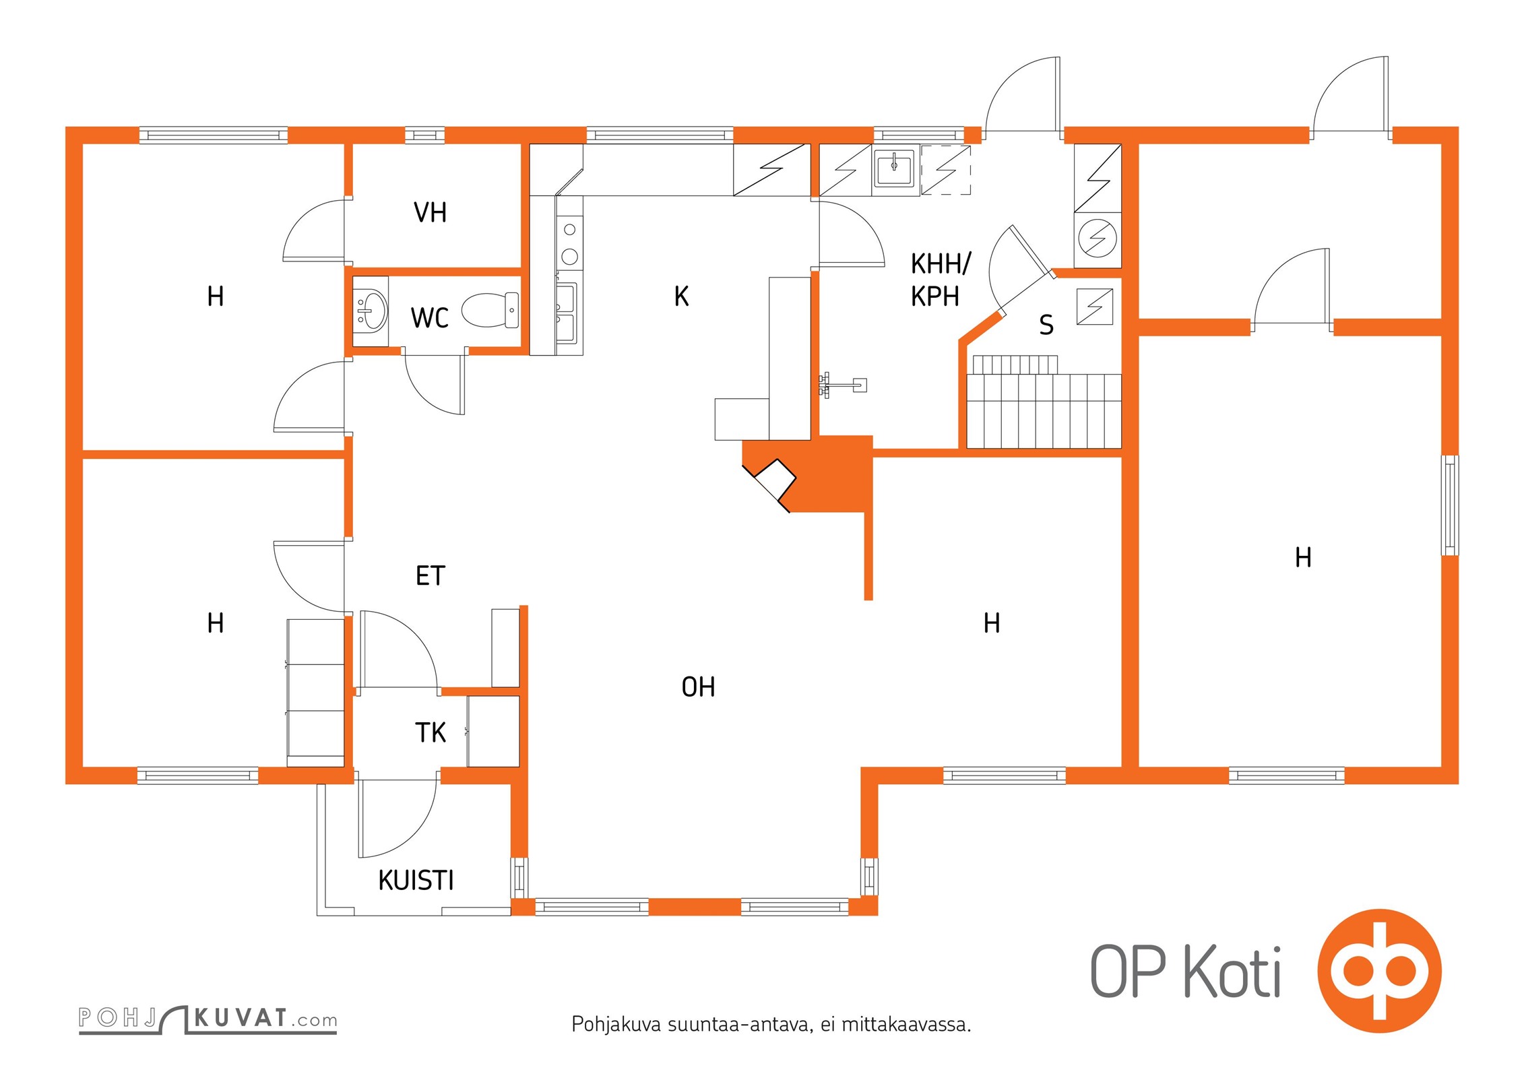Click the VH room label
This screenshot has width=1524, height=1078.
pyautogui.click(x=430, y=213)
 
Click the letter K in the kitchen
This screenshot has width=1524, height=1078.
pyautogui.click(x=681, y=296)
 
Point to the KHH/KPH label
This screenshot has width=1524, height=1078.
pyautogui.click(x=939, y=280)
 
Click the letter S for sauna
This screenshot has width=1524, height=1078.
pyautogui.click(x=1046, y=325)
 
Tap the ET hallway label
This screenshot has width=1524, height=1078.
pyautogui.click(x=430, y=576)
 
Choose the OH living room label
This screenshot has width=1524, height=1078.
pyautogui.click(x=698, y=687)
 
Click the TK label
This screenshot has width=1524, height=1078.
pyautogui.click(x=430, y=732)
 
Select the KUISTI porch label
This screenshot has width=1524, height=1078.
pyautogui.click(x=416, y=881)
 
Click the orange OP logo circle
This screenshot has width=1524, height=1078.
pyautogui.click(x=1379, y=970)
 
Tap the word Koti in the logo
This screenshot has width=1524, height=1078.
pyautogui.click(x=1232, y=972)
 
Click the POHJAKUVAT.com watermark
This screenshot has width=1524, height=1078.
pyautogui.click(x=208, y=1018)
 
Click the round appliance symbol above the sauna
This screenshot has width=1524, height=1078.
pyautogui.click(x=1098, y=238)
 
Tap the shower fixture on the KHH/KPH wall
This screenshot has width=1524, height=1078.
pyautogui.click(x=842, y=385)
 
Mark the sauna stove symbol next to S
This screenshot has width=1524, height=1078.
pyautogui.click(x=1094, y=307)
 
